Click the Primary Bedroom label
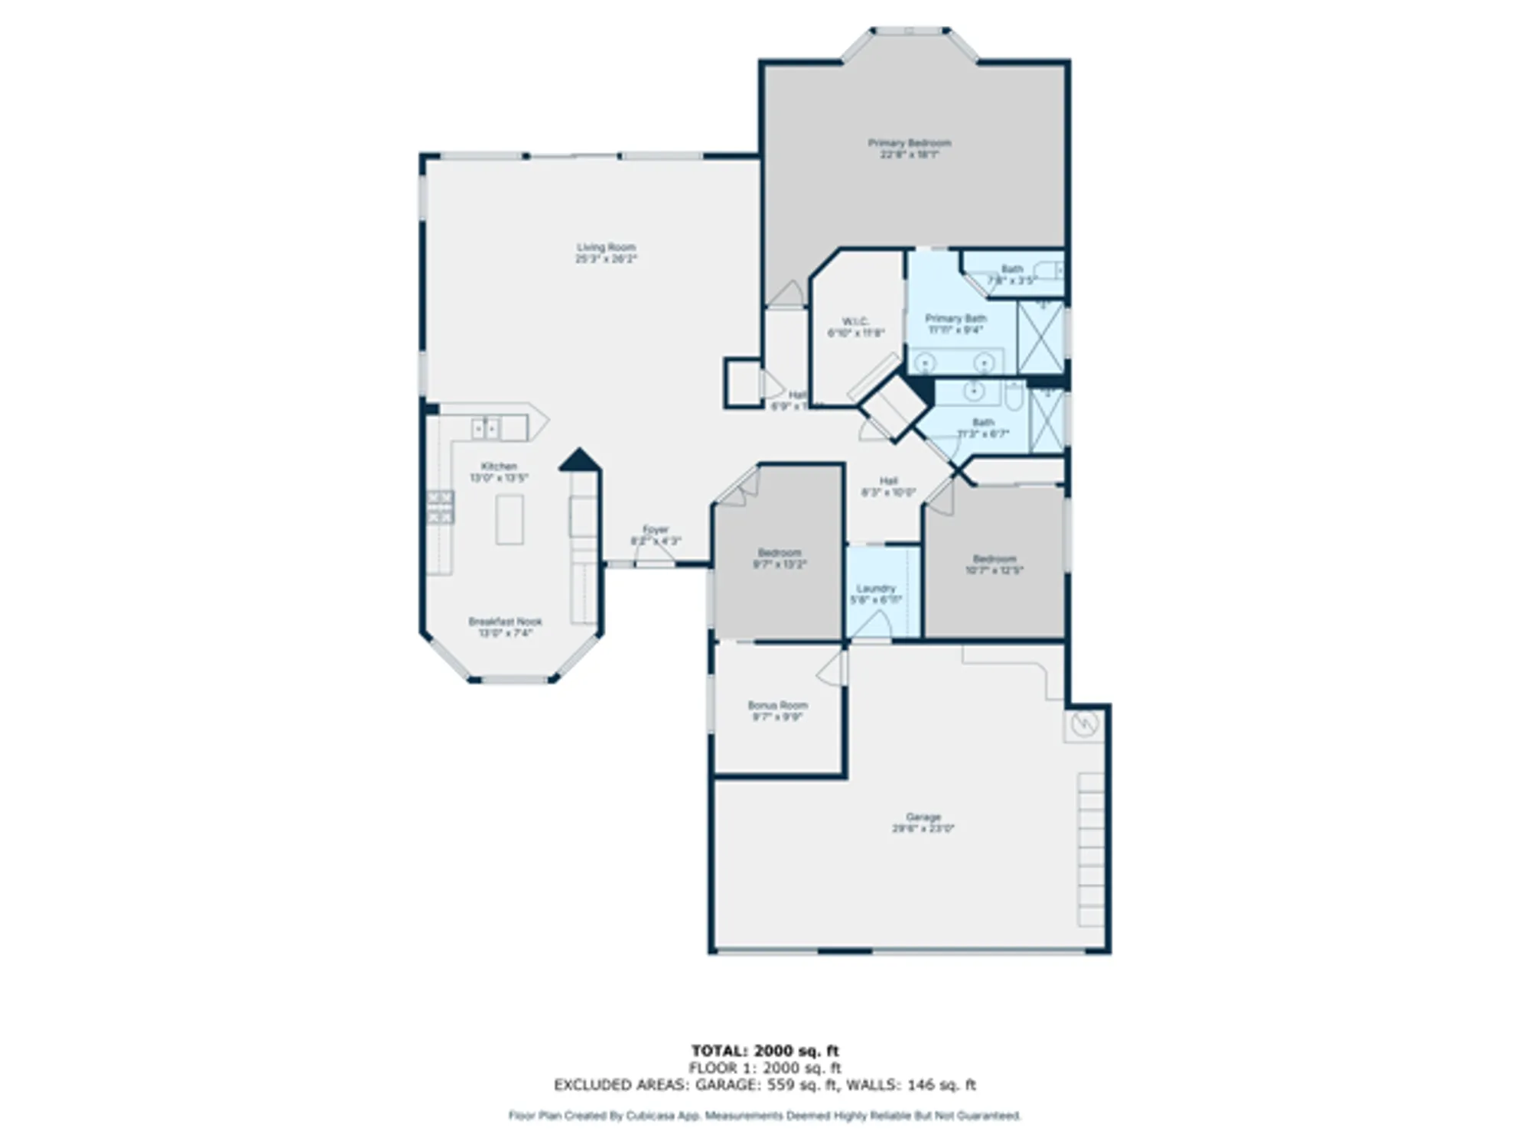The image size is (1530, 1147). point(909,148)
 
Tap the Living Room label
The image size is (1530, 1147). point(606,253)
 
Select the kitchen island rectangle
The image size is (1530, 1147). point(509,519)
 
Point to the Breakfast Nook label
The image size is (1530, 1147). point(505,627)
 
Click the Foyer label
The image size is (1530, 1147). point(656,535)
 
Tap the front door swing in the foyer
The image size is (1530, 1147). point(654,555)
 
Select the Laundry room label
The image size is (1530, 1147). point(876,593)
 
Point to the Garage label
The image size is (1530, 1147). point(923,822)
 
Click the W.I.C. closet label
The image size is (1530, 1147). point(855,327)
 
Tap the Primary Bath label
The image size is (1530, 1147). point(955,323)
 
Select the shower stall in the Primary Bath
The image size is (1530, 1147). point(1041,337)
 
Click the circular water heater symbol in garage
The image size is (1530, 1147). point(1084,723)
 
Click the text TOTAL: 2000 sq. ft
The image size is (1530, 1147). point(765,1051)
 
